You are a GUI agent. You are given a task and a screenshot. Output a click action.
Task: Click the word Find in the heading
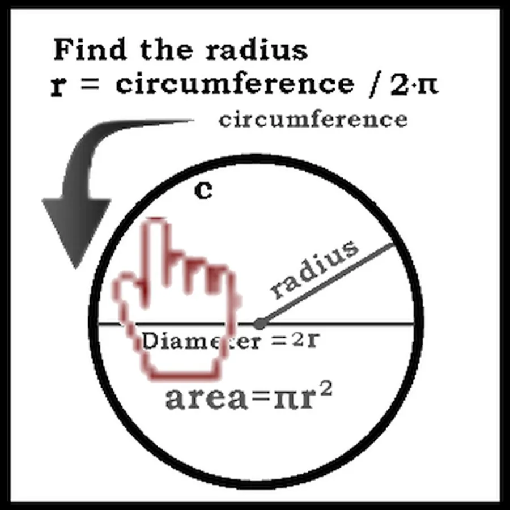point(90,49)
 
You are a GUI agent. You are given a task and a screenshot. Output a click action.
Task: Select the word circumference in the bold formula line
point(235,83)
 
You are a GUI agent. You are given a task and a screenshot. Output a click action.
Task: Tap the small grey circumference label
point(313,120)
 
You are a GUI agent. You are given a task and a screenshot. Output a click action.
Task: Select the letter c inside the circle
point(203,190)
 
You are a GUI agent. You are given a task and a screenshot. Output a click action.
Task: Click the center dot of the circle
point(259,324)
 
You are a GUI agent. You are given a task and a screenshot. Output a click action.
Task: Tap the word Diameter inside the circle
point(202,341)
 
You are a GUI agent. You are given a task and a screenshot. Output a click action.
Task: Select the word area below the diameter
point(206,398)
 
